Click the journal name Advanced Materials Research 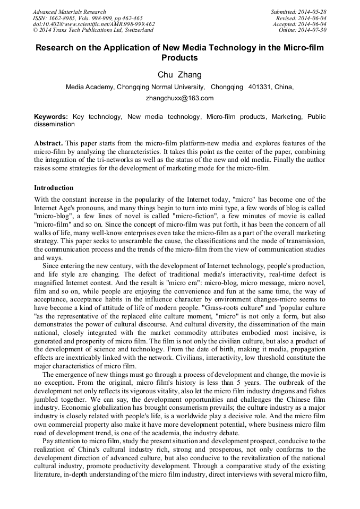point(69,12)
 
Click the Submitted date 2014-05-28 point(312,12)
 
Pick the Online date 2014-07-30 point(312,30)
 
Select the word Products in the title point(179,58)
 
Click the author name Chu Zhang point(179,75)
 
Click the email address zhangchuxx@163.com point(179,98)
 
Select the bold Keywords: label point(51,116)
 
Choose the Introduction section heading point(54,188)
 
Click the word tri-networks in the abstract point(131,161)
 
